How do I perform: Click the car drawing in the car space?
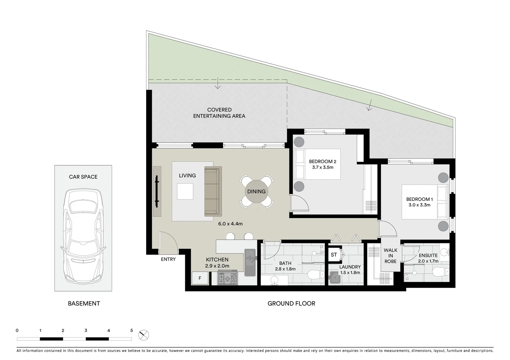click(83, 237)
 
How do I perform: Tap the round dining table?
click(256, 192)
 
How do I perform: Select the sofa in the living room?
click(213, 191)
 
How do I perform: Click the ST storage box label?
click(334, 255)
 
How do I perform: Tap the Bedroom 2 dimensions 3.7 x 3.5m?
click(323, 167)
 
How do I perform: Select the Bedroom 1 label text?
click(419, 199)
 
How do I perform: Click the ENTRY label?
click(168, 259)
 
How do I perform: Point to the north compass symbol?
click(144, 335)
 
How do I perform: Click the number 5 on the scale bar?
click(131, 331)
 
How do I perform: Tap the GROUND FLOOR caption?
click(291, 303)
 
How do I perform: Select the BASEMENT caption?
click(84, 303)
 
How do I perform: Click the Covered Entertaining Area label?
click(219, 113)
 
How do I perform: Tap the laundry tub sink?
click(335, 278)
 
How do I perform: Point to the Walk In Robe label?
click(390, 256)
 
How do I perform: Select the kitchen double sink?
click(250, 263)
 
